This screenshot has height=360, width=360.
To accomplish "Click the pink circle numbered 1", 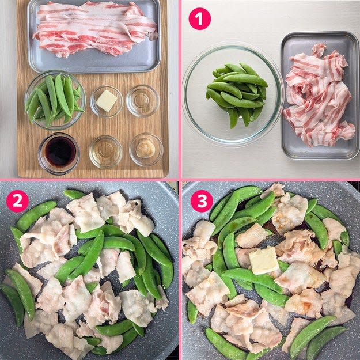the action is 199,18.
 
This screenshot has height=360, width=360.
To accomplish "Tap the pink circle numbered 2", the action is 17,201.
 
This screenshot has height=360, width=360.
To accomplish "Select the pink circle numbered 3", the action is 202,201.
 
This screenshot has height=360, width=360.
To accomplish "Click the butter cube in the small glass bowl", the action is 107,101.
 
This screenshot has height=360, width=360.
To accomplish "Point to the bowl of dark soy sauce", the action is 59,154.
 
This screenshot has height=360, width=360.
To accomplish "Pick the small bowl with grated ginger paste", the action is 146,149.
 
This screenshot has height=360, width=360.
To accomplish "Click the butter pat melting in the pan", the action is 264,260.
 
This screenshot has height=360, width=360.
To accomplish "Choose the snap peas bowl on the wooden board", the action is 55,100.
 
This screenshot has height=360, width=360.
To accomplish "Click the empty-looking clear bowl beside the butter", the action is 143,101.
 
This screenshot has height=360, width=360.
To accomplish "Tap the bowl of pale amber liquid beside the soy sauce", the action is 105,151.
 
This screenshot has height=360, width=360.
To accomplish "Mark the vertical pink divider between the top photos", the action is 180,89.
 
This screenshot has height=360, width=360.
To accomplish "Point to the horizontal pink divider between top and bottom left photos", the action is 89,180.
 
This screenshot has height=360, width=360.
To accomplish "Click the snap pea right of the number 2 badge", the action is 36,215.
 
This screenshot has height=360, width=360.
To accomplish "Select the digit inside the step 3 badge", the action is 202,201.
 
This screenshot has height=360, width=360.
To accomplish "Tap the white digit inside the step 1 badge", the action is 199,19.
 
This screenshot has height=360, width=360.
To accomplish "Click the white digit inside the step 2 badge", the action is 17,201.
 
